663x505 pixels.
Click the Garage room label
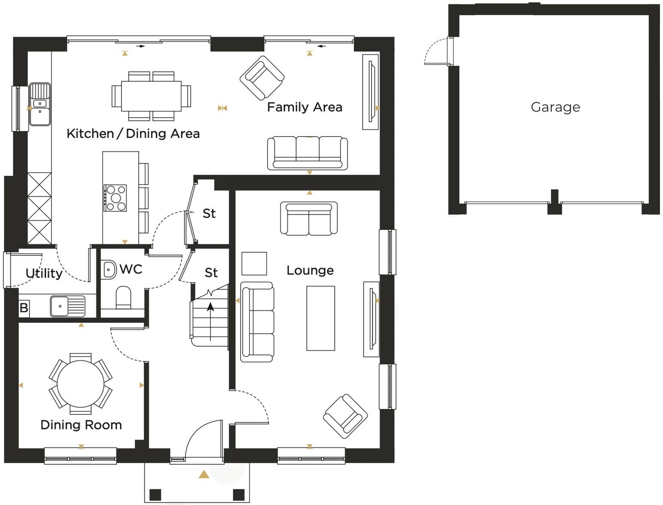555,107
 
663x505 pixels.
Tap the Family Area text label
304,107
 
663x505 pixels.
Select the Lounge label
310,270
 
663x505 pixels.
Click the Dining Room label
81,425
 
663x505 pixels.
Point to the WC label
131,269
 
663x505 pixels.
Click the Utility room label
44,273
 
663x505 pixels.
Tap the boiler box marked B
24,307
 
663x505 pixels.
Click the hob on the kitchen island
116,198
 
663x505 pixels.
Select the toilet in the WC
124,297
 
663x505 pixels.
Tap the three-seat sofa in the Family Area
307,153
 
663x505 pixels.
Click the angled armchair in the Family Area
262,78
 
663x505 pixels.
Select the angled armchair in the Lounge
345,416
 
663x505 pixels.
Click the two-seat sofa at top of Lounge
308,218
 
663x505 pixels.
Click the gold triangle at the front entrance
204,475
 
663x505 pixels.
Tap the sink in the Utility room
68,306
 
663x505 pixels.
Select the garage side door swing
436,52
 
